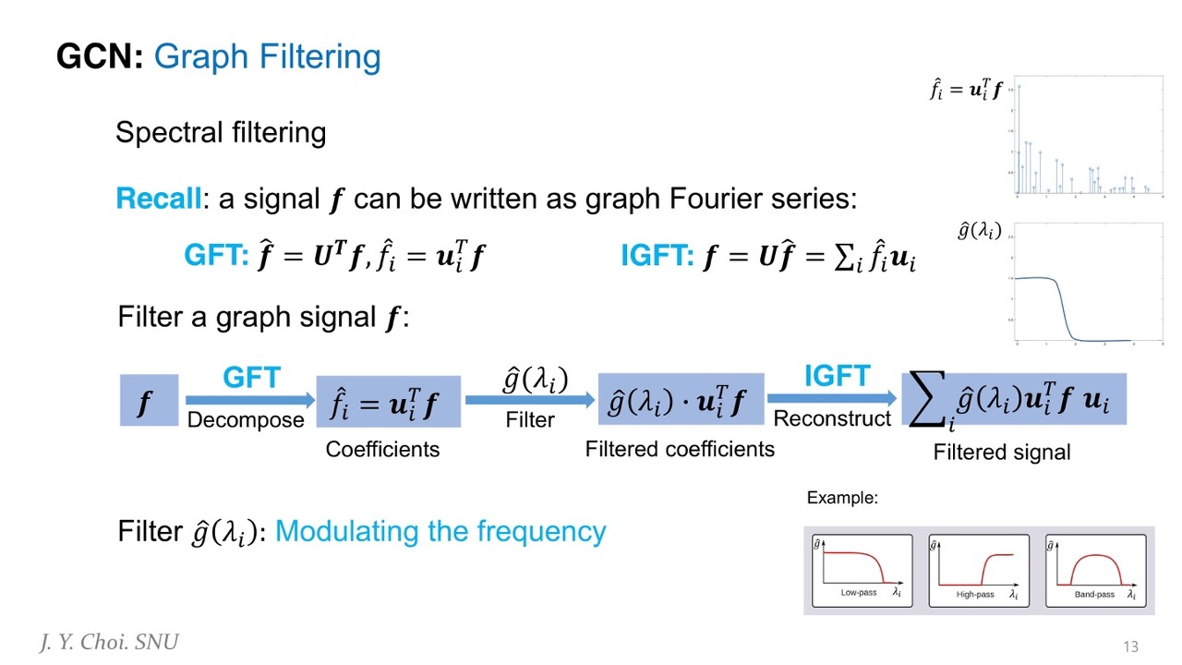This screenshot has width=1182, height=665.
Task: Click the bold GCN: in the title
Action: coord(100,57)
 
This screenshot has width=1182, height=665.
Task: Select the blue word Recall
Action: coord(158,199)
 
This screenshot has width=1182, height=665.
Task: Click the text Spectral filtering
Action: coord(221,133)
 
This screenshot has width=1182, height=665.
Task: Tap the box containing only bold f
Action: coord(149,401)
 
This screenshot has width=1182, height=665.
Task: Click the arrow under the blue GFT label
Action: coord(250,400)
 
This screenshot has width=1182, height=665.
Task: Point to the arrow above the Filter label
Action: coord(530,400)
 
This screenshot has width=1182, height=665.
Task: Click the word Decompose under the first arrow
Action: coord(246,420)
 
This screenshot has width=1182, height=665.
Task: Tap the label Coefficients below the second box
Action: coord(382,450)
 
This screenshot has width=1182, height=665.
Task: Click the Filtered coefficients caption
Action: coord(680,449)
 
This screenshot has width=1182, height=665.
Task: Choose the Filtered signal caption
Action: coord(1002,453)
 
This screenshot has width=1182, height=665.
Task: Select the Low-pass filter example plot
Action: coord(862,571)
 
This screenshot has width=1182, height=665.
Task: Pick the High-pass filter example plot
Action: coord(979,571)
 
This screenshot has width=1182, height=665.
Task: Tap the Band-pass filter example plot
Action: coord(1095,571)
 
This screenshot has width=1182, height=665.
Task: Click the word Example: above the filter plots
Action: coord(842,498)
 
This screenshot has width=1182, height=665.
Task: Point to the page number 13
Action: coord(1131,646)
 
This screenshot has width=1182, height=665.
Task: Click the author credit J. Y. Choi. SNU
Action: coord(109,643)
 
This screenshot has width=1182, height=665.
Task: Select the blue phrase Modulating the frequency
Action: coord(440,532)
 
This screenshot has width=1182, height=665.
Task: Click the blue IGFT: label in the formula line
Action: coord(657,256)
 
